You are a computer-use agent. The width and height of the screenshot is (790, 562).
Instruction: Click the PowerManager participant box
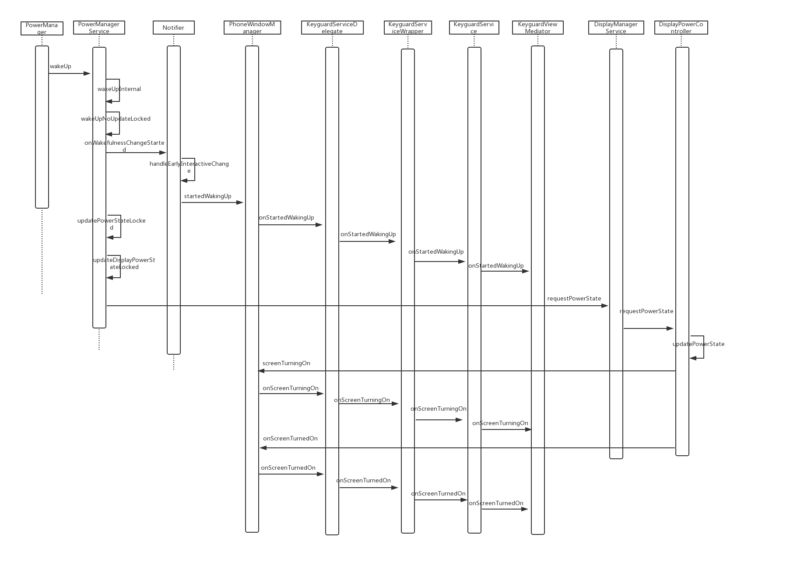point(42,28)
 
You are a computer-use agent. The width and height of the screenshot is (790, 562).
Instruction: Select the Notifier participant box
point(174,28)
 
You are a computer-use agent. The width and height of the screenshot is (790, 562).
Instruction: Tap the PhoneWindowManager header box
point(252,28)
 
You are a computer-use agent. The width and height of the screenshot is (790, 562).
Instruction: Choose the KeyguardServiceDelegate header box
point(332,28)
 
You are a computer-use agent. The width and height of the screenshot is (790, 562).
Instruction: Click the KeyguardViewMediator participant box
point(538,28)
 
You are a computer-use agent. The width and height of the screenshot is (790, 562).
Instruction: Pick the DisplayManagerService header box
point(616,28)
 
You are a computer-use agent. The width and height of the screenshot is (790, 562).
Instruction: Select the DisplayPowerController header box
point(681,28)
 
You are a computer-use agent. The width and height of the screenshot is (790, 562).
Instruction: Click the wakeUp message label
point(60,66)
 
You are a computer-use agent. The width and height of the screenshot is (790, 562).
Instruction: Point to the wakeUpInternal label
point(119,89)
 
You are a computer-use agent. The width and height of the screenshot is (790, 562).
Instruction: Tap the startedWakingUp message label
point(208,196)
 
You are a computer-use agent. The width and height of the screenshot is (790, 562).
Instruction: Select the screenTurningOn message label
point(286,363)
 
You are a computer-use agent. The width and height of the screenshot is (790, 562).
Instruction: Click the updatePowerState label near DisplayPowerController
point(699,344)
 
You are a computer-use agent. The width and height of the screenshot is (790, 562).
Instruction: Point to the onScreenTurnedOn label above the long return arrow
point(290,439)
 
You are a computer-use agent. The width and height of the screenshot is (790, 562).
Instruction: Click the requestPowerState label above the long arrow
point(574,299)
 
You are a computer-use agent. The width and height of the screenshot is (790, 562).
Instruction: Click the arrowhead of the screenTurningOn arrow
point(261,371)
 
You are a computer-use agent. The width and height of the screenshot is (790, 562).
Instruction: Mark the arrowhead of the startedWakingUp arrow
point(240,202)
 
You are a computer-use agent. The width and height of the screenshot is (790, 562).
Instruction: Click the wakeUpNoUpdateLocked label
point(116,119)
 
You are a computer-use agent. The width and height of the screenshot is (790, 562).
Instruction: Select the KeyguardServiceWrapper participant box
point(408,28)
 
